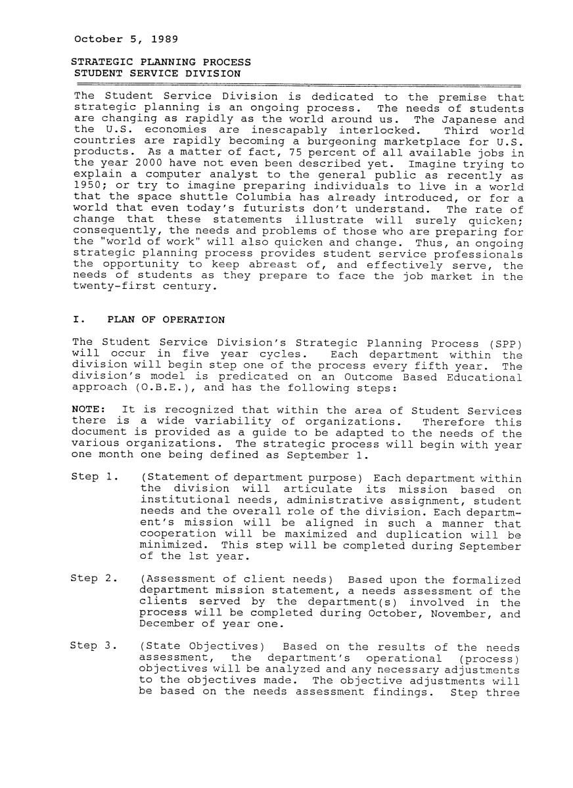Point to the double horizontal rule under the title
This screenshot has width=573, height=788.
pyautogui.click(x=298, y=85)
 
